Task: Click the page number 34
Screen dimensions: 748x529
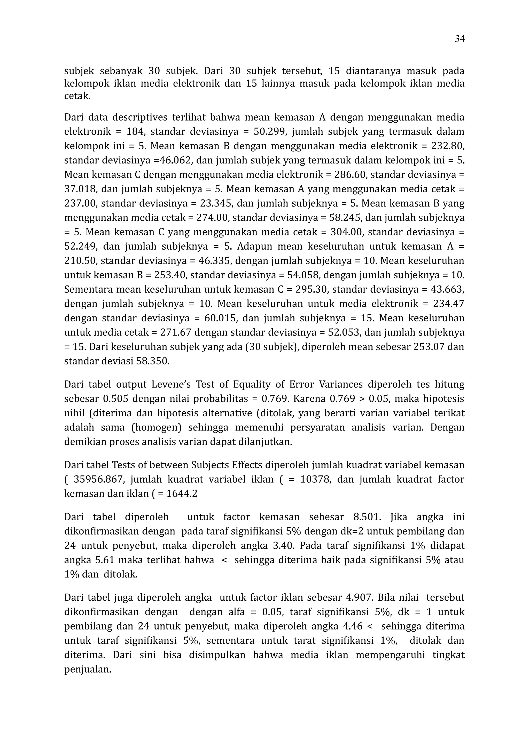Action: [460, 39]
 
